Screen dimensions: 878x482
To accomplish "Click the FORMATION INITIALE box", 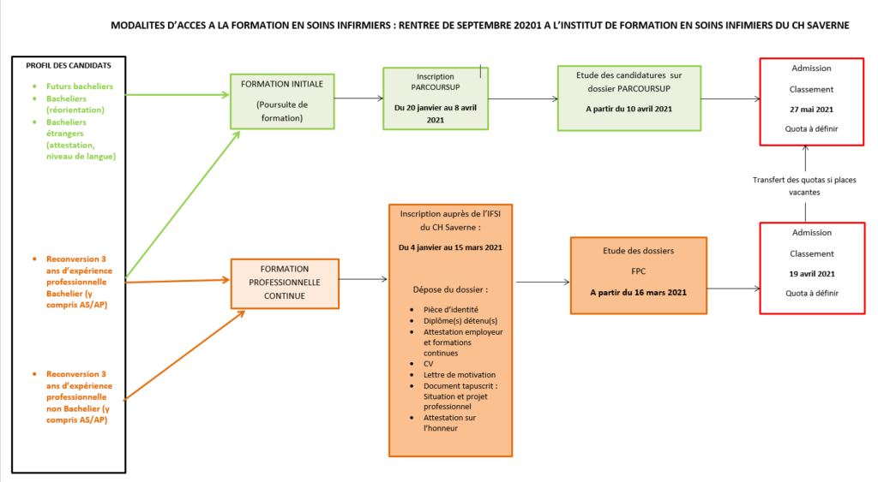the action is tap(282, 101).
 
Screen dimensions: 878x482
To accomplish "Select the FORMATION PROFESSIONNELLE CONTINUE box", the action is tap(285, 283).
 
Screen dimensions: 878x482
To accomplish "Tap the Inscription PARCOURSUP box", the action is tap(436, 98).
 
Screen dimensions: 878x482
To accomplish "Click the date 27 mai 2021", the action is tap(811, 110).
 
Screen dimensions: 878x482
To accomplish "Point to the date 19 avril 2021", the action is tap(812, 274).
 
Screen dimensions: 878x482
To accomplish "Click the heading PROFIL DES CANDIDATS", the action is tap(69, 65).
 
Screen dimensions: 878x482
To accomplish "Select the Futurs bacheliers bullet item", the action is tap(80, 86).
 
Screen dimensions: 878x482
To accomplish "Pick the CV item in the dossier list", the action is tap(429, 364).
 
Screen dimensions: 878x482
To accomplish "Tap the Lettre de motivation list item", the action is tap(460, 375).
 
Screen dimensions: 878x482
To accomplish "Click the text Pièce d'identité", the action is tap(451, 309).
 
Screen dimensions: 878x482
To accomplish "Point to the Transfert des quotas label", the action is tap(804, 186).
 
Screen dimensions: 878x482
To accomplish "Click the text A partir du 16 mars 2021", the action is tap(638, 293).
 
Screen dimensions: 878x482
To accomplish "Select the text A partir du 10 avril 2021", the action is tap(628, 109).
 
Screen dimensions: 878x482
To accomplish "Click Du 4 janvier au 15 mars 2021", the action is tap(450, 247).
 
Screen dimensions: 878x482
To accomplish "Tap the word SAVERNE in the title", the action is tap(827, 25).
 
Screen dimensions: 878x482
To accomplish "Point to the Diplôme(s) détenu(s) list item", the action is tap(460, 321).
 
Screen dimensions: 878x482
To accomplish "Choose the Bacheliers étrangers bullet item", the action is tap(81, 140).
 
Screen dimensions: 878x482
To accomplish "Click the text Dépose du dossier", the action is tap(450, 289).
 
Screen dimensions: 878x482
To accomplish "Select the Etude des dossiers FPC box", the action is tap(639, 276).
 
